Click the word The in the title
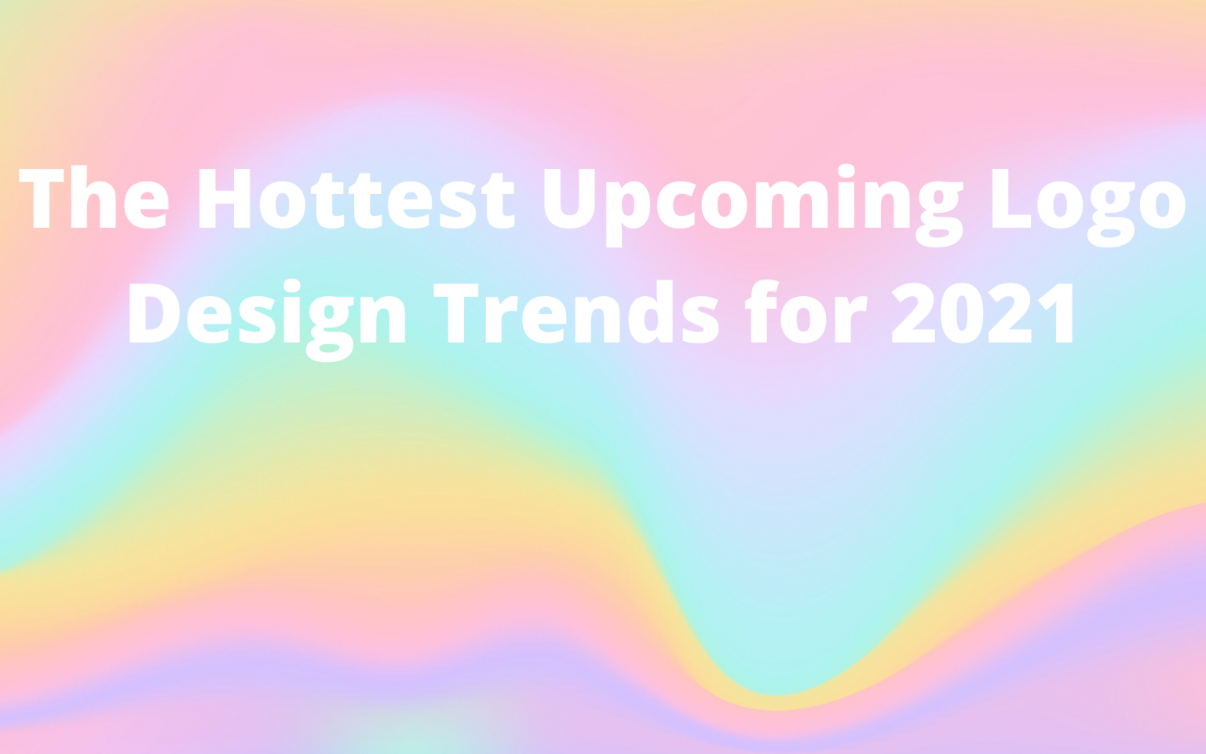coord(93,198)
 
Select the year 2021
coord(982,313)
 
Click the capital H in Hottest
coord(224,198)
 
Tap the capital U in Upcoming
coord(570,198)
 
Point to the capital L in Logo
coord(1010,198)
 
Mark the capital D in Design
coord(154,313)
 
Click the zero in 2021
coord(962,313)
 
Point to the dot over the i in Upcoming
coord(846,170)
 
